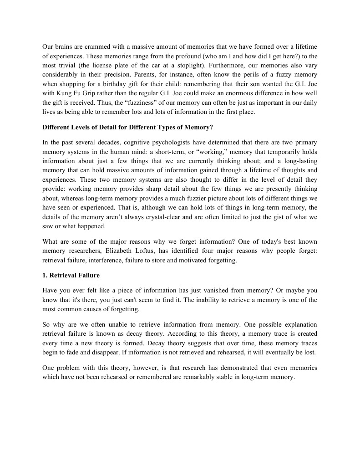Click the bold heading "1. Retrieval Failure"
71,276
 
